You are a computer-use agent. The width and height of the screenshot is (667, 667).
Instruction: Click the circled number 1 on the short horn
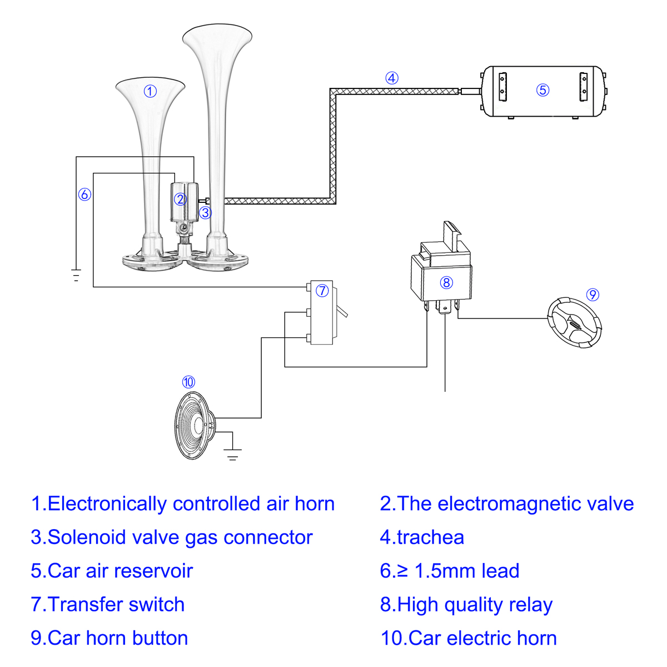pyautogui.click(x=150, y=91)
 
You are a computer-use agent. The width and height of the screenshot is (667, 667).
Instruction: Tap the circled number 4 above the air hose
pyautogui.click(x=392, y=78)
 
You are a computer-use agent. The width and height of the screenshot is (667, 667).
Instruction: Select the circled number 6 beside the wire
pyautogui.click(x=84, y=195)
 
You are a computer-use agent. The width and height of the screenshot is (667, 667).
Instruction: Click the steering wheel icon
pyautogui.click(x=575, y=323)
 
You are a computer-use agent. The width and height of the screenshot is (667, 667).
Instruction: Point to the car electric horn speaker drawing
pyautogui.click(x=195, y=426)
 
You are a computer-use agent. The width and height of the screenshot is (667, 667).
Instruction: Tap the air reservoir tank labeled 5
pyautogui.click(x=542, y=91)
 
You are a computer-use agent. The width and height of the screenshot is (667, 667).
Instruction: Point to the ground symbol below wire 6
pyautogui.click(x=76, y=275)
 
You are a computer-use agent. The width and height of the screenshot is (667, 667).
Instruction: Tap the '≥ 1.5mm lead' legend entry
pyautogui.click(x=450, y=571)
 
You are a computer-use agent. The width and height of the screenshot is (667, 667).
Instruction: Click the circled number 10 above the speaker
pyautogui.click(x=188, y=382)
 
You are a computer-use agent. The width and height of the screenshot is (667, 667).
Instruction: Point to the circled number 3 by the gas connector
pyautogui.click(x=206, y=213)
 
